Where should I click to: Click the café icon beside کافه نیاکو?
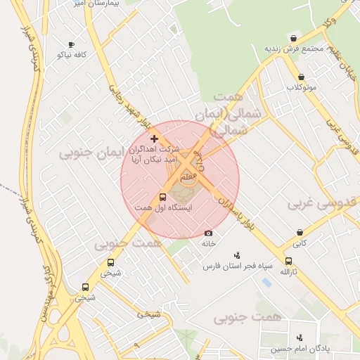pos(71,44)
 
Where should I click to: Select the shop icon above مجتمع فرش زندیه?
pos(293,39)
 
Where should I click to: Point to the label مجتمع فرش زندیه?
pos(293,49)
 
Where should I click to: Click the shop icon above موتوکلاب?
pos(301,77)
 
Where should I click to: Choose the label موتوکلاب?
pos(301,87)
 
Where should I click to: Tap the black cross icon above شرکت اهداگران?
pos(155,139)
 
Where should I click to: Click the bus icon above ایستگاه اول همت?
pos(163,198)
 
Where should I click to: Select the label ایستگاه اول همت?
pos(163,208)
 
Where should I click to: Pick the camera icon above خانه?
pos(208,233)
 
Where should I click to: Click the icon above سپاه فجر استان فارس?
pos(236,255)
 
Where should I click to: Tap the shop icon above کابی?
pos(300,232)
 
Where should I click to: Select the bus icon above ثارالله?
pos(289,261)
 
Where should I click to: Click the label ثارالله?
pos(289,271)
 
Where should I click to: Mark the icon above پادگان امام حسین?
pos(300,337)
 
